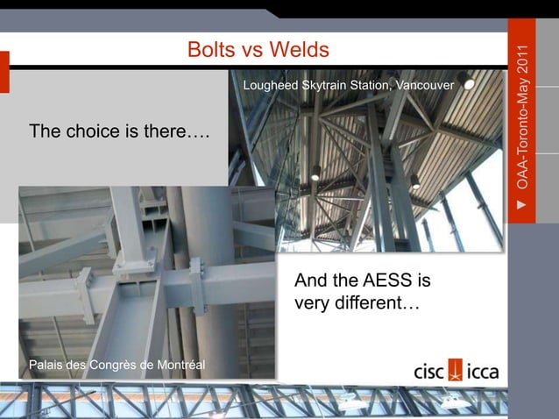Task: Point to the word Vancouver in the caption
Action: click(x=424, y=86)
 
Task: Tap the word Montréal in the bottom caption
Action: click(x=174, y=364)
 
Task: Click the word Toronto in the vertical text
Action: click(x=522, y=131)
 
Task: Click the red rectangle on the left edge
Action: click(x=4, y=72)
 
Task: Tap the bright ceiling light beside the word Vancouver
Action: click(x=470, y=85)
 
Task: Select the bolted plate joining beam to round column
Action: click(x=198, y=285)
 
